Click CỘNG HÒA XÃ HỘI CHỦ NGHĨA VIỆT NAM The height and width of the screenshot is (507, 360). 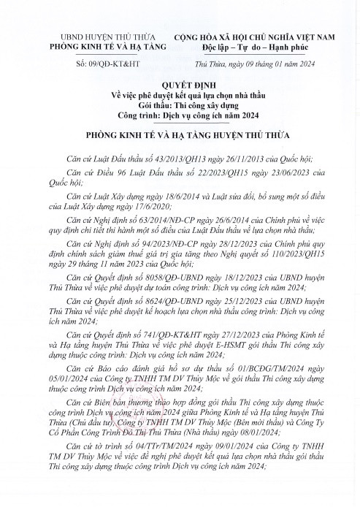(258, 37)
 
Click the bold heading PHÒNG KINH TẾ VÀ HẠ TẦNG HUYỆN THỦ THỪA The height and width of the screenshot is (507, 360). (180, 134)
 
